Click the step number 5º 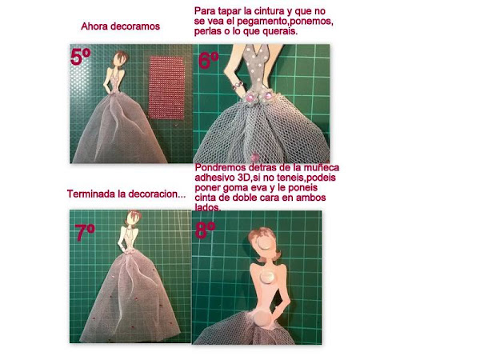[x=81, y=57]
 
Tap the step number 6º [x=209, y=60]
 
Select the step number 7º [x=85, y=233]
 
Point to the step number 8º [x=205, y=230]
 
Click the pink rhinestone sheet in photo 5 [x=166, y=87]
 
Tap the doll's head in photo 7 [x=134, y=218]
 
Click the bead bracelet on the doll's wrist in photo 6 [x=238, y=85]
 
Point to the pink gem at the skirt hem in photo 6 [x=254, y=158]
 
